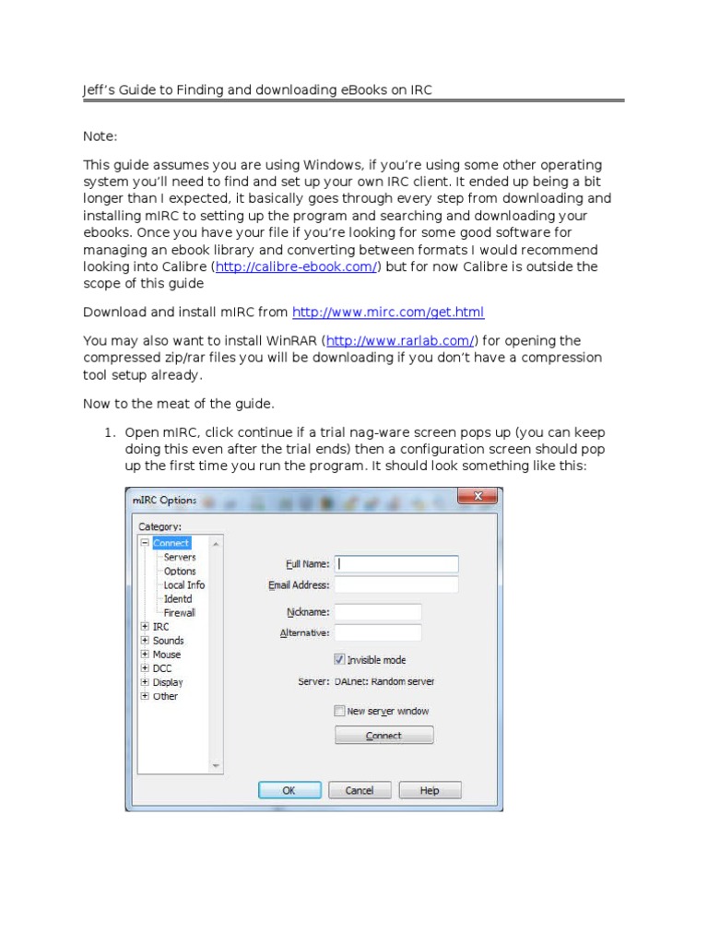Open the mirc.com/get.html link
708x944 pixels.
point(387,313)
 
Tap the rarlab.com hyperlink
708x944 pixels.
point(399,341)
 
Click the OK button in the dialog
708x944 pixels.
point(289,790)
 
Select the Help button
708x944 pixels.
point(430,790)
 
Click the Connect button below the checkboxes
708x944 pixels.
point(383,736)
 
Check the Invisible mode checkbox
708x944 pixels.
point(339,660)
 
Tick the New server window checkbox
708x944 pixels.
point(339,711)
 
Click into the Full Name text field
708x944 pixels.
point(396,563)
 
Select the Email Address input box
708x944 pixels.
point(396,584)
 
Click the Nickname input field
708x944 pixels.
point(378,612)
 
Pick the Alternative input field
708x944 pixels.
point(378,632)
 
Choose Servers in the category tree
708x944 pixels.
point(180,558)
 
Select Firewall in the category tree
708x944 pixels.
point(180,612)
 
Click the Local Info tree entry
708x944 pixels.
point(184,585)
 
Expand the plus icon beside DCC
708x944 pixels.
point(145,668)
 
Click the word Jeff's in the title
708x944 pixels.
point(101,89)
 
